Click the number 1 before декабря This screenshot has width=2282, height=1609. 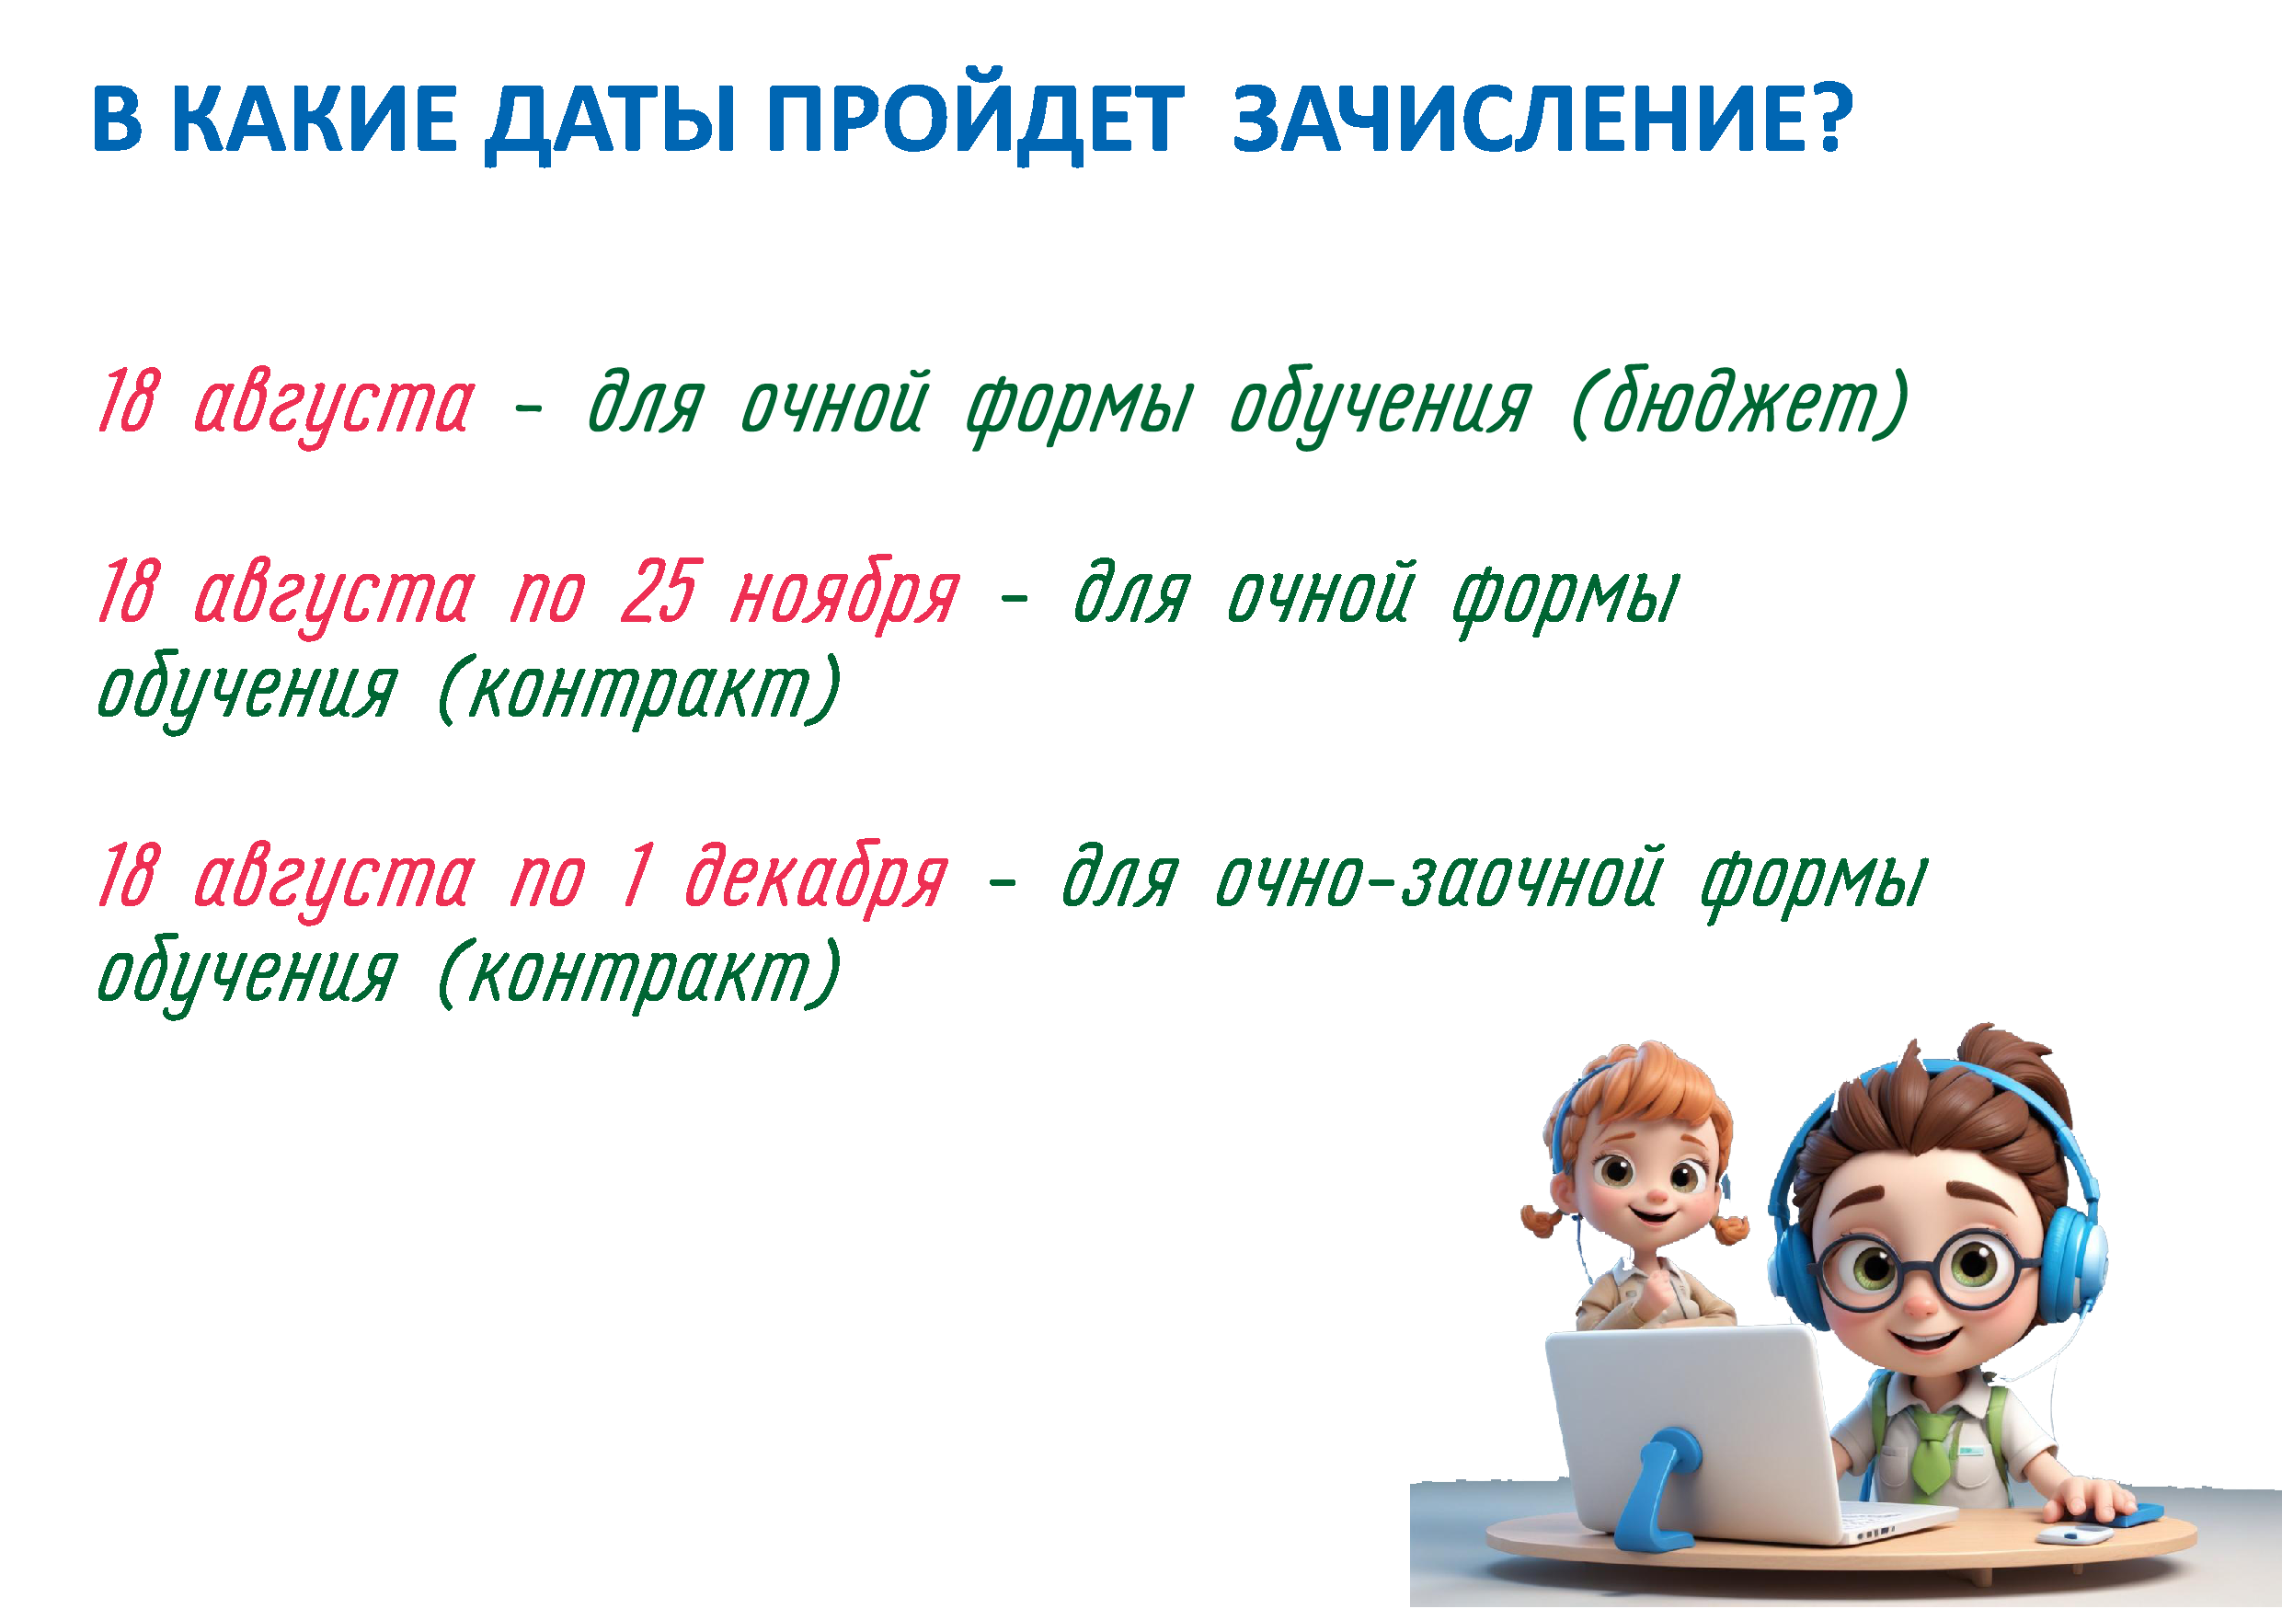[x=639, y=876]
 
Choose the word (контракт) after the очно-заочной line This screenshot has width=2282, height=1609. [x=639, y=975]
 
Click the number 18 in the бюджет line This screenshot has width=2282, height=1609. [x=128, y=400]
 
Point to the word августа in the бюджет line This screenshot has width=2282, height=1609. [x=334, y=406]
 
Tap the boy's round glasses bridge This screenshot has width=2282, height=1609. [x=1922, y=1263]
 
